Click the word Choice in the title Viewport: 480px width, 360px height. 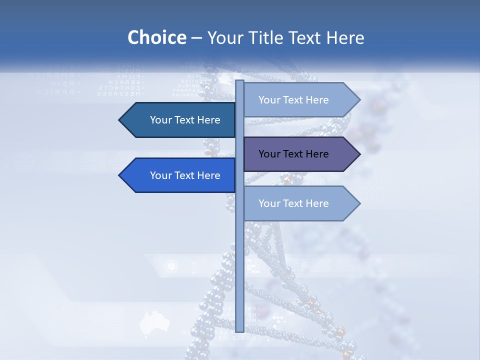pos(156,37)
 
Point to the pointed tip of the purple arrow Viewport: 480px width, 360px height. pos(359,154)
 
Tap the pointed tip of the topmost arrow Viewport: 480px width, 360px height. pos(359,100)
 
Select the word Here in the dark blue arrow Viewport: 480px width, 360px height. pos(208,120)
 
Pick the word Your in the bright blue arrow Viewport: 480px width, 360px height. pos(161,175)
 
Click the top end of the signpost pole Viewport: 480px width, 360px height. pos(239,81)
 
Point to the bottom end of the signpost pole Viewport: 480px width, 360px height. pos(239,330)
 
